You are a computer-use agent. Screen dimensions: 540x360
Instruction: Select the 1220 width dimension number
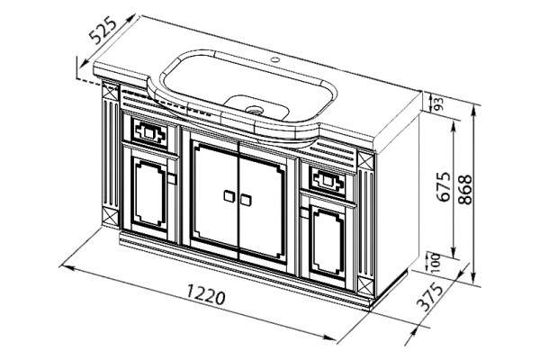205,295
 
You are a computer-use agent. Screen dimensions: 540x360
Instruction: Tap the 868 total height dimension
465,190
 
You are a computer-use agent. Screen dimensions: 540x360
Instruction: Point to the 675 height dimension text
443,186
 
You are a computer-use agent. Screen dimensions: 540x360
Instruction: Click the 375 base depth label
429,297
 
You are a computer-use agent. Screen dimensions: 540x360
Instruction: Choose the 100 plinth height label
436,263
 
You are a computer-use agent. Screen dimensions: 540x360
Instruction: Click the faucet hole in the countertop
274,59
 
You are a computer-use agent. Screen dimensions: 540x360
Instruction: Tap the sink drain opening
255,110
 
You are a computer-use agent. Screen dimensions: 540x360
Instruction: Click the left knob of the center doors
229,196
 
